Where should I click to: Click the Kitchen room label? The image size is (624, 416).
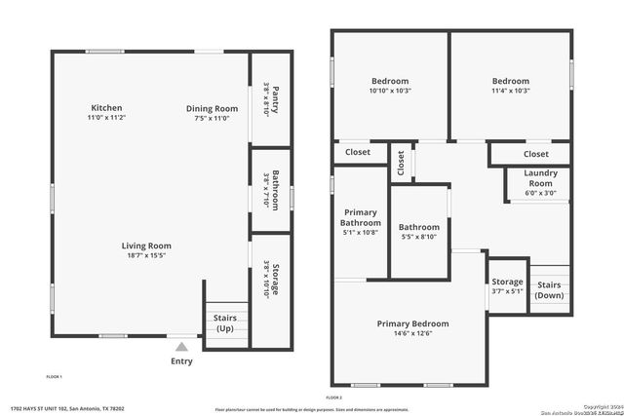point(106,108)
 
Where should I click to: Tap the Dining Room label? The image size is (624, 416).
point(212,108)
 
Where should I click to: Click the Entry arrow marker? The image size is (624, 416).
point(181,345)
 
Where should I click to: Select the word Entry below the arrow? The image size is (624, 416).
point(181,361)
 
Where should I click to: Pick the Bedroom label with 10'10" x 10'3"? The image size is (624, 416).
point(390,81)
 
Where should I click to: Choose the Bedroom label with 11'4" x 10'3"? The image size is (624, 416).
point(510,82)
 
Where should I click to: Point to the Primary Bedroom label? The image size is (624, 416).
point(413,323)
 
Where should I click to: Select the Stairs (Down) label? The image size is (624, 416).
point(549,289)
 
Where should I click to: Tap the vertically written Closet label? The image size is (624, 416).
point(401,163)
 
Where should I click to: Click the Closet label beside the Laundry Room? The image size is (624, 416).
point(535,154)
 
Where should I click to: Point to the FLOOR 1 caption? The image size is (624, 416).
point(54,377)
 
